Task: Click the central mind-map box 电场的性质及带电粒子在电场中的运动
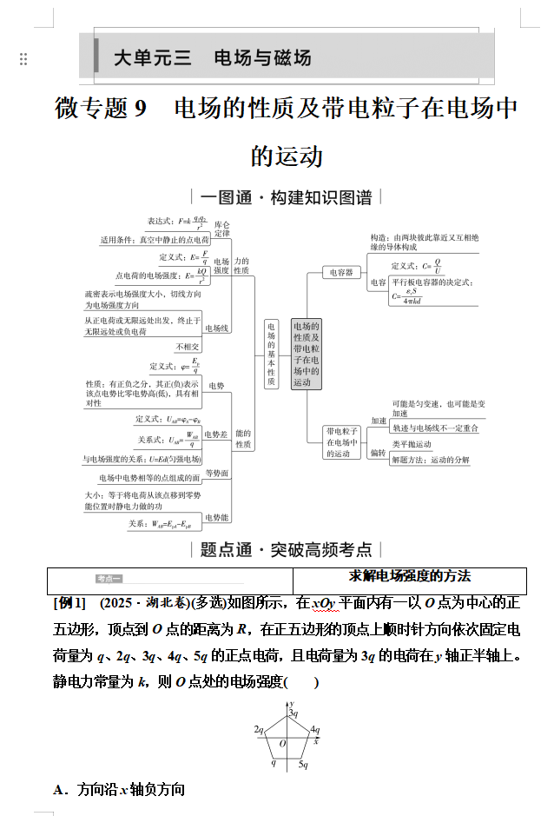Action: click(x=307, y=353)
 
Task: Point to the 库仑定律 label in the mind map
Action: click(x=222, y=229)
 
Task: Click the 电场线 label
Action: click(x=217, y=328)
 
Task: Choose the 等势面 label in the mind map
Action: click(x=217, y=474)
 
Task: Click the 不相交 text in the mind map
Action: click(x=188, y=347)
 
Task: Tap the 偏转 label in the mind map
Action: click(x=379, y=453)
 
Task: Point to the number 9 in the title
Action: click(x=141, y=109)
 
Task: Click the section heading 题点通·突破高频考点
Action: click(x=286, y=549)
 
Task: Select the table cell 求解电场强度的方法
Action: click(x=410, y=576)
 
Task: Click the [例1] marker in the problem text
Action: click(x=70, y=603)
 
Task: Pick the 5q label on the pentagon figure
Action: click(x=303, y=765)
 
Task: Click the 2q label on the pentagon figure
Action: click(x=258, y=730)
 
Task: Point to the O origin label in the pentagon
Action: click(x=282, y=743)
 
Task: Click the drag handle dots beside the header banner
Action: click(x=23, y=59)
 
